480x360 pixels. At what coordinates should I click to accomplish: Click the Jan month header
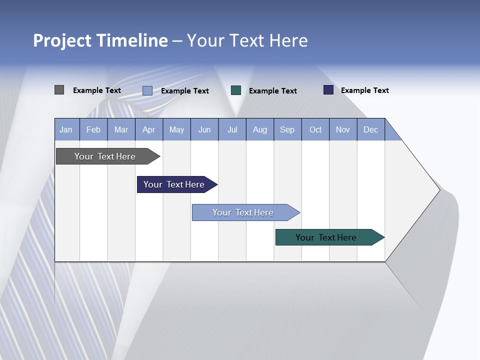point(66,129)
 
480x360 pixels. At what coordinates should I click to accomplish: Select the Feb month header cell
point(93,129)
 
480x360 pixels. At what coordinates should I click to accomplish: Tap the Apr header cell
point(149,129)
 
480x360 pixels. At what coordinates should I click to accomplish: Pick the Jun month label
point(204,129)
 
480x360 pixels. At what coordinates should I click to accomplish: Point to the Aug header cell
point(260,129)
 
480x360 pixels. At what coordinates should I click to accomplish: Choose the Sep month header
point(287,129)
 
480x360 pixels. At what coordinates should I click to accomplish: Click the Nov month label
point(343,129)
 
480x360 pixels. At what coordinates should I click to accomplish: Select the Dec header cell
point(371,129)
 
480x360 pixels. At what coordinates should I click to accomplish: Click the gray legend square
point(59,90)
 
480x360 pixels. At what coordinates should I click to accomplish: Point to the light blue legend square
point(147,90)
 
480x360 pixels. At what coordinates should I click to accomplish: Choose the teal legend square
point(236,90)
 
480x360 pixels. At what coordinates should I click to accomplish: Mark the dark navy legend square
point(328,90)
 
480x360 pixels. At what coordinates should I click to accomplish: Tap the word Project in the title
point(62,40)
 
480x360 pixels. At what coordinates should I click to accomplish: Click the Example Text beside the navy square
point(365,90)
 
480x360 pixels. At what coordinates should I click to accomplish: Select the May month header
point(176,129)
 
